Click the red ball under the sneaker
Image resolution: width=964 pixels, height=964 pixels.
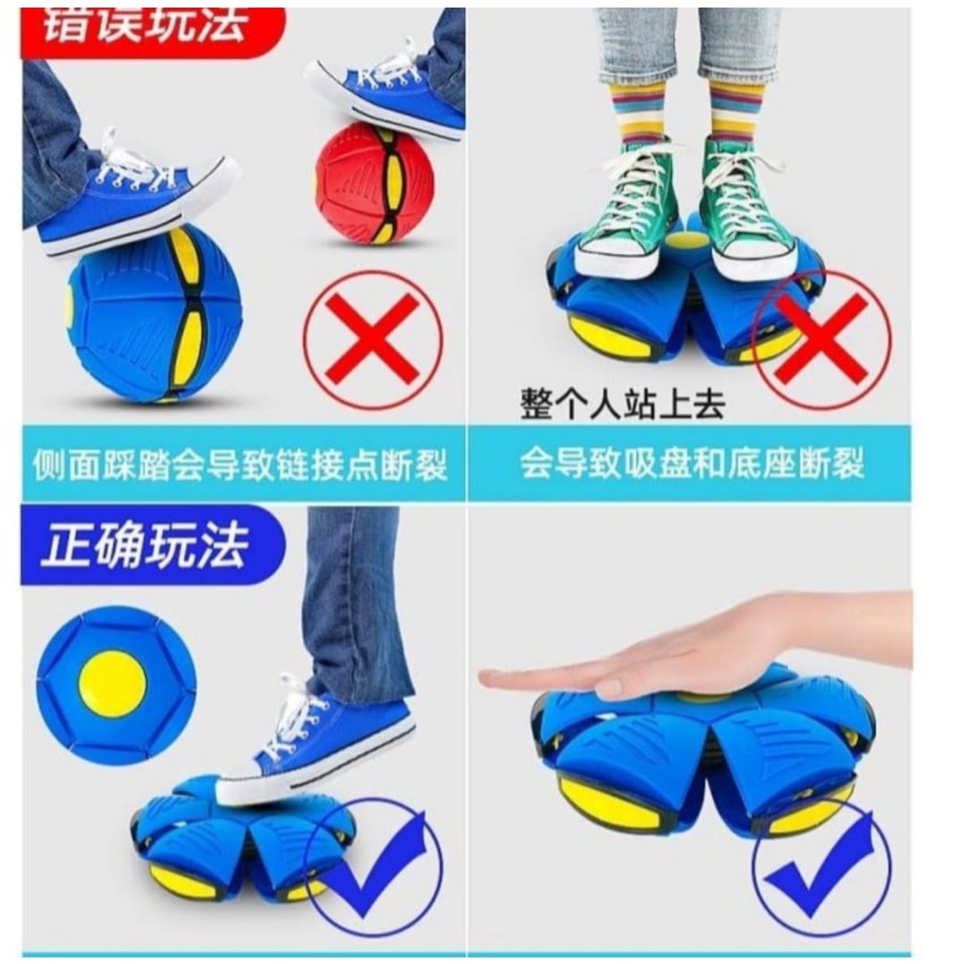(374, 185)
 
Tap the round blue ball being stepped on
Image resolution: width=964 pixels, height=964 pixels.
(154, 313)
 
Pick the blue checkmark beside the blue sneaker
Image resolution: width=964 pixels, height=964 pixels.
(374, 866)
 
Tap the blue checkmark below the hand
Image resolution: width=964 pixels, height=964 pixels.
(820, 867)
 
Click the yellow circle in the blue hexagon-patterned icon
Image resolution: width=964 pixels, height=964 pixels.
(113, 683)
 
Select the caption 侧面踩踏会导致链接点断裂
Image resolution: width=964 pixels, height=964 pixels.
(240, 464)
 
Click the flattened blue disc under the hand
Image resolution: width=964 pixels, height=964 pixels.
(701, 753)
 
